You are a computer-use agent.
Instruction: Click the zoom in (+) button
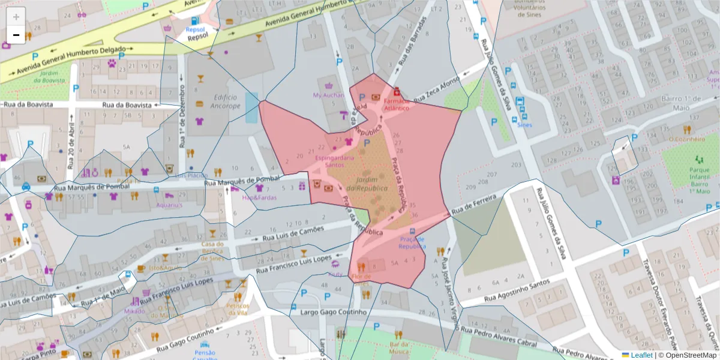[16, 17]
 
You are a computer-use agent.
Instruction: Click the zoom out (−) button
[16, 35]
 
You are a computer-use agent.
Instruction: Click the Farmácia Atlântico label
[396, 104]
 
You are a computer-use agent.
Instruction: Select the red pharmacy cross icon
[397, 92]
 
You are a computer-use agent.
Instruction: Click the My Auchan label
[328, 95]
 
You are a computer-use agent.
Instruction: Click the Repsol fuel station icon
[195, 20]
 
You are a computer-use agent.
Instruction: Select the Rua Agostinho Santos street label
[517, 288]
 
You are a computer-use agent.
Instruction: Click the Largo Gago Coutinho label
[328, 313]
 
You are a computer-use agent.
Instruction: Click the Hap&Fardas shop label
[259, 197]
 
